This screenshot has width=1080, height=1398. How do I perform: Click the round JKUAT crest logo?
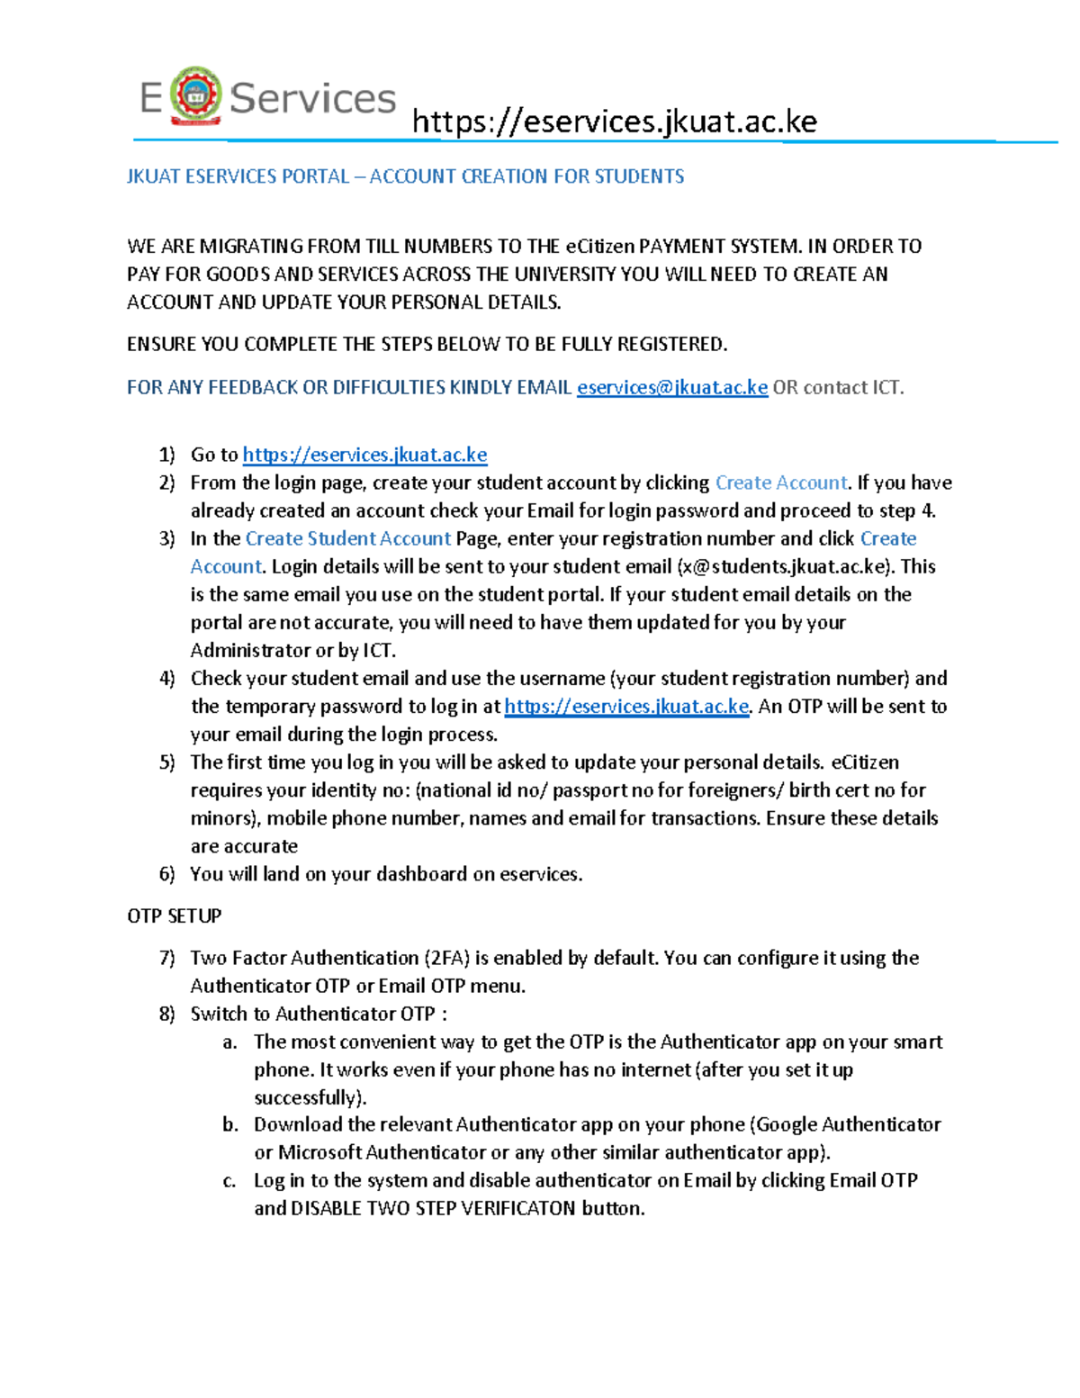coord(195,95)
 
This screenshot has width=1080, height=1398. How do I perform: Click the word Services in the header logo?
coord(312,98)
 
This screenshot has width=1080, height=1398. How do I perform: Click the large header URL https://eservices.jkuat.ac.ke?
coord(614,122)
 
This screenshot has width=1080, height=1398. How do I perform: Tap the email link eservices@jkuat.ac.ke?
coord(671,387)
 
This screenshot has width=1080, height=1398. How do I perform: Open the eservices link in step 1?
coord(364,455)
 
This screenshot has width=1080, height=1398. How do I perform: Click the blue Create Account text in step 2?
coord(780,483)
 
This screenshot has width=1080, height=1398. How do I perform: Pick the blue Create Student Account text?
coord(347,538)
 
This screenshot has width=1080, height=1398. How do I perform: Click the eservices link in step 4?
coord(626,706)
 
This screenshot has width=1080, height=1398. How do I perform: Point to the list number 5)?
coord(167,762)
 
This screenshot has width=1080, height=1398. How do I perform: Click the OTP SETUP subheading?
coord(174,915)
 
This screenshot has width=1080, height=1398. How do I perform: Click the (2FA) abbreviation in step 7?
coord(446,958)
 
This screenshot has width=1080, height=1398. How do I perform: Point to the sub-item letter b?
coord(230,1124)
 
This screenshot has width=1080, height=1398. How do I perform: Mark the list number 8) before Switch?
coord(167,1014)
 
